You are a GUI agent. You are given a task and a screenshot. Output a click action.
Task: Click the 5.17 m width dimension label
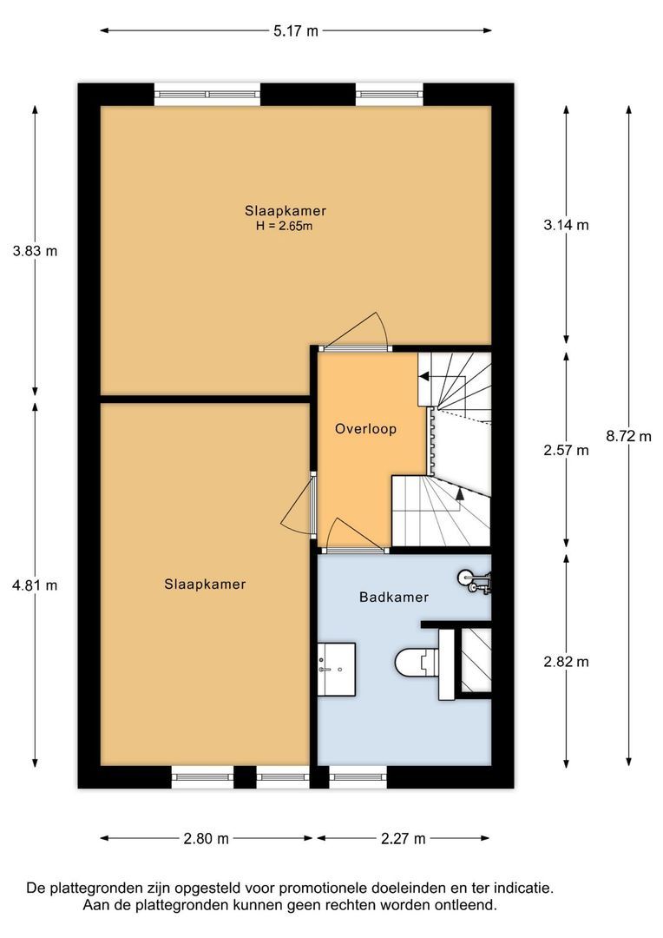pos(295,31)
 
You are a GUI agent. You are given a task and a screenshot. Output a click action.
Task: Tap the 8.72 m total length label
pos(628,436)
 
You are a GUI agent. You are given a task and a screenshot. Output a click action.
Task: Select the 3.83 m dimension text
pos(36,251)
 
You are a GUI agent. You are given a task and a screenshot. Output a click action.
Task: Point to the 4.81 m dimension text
pos(36,585)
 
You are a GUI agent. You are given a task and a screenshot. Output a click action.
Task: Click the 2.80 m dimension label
pos(207,839)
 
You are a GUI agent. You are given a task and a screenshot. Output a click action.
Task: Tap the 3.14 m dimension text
pos(566,225)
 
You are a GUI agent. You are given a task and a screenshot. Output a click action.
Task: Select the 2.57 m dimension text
pos(566,451)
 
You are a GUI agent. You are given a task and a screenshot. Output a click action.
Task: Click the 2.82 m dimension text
pos(566,662)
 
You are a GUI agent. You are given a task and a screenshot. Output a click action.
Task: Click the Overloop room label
pos(365,429)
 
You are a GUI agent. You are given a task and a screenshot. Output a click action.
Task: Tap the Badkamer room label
pos(394,597)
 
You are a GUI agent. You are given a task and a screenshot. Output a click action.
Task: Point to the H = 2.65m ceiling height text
pos(285,226)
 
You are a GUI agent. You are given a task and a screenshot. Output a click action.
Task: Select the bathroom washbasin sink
pos(336,669)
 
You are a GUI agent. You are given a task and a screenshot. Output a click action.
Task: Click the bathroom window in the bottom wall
pos(358,777)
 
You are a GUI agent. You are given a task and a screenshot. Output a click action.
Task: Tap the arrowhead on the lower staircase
pos(458,493)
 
